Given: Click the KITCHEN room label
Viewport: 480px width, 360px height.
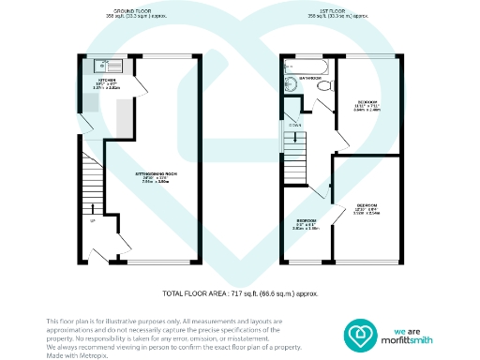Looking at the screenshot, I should point(108,81).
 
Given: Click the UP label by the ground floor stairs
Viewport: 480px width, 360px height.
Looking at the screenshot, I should point(93,221).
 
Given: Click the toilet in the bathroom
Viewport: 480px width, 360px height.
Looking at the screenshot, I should point(323,87).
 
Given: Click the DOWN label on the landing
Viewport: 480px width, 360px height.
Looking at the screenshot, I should point(295,124).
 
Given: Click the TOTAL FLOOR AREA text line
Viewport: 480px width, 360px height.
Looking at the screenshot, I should point(239,293).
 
